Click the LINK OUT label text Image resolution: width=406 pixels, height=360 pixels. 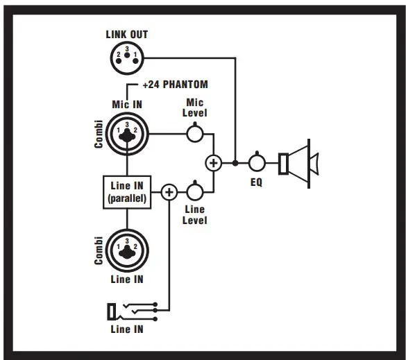pos(126,34)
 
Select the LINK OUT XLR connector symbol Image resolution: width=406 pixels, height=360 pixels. pos(127,57)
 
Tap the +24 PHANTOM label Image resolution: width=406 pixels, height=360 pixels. pos(174,85)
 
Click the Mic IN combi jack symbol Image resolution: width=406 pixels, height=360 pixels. pos(127,133)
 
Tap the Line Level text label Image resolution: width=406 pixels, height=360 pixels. pos(196,215)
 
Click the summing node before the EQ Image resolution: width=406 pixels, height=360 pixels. pos(214,163)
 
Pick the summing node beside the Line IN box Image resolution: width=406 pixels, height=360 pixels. pos(169,191)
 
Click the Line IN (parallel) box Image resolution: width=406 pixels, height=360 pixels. pos(127,191)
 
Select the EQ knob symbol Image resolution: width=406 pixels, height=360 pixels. pos(257,163)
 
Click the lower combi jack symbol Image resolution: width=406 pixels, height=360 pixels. pos(127,248)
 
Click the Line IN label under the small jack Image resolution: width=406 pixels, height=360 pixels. pos(127,329)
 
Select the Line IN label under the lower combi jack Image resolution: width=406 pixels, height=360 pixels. pos(127,279)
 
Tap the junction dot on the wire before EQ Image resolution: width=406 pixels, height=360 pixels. pos(236,163)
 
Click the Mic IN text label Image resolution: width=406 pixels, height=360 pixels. pos(127,104)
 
